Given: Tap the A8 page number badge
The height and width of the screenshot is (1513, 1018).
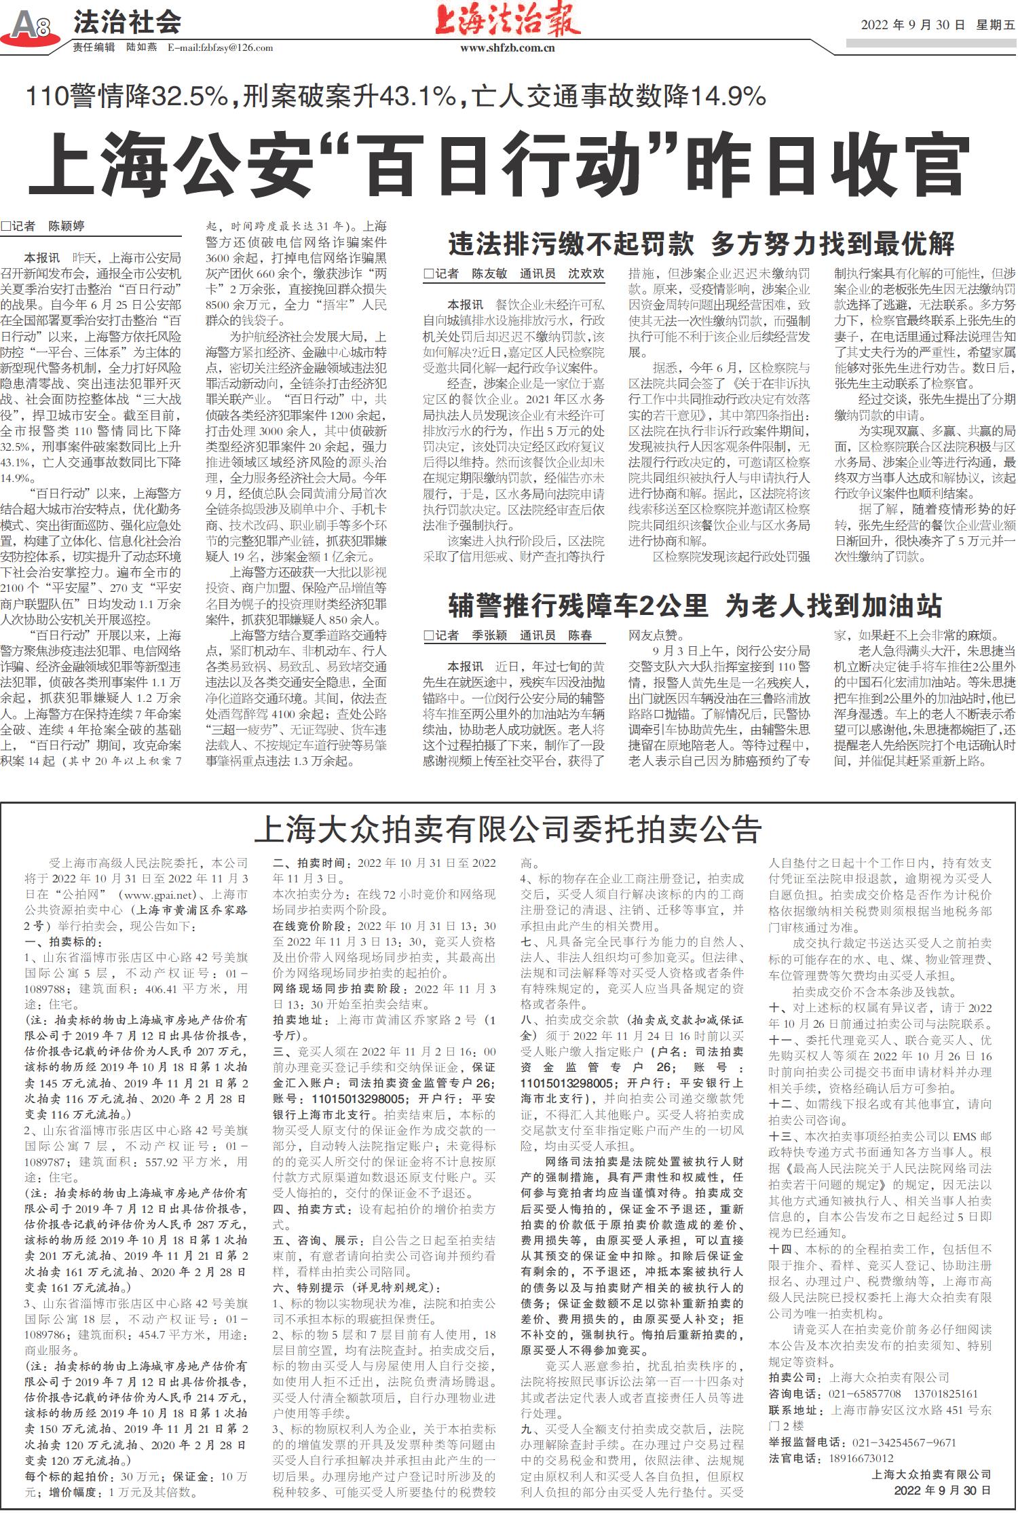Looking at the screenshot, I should tap(31, 26).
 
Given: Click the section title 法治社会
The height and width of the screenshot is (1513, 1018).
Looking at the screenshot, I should tap(127, 22).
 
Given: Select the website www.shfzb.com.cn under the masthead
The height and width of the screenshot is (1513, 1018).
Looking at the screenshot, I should tap(507, 48).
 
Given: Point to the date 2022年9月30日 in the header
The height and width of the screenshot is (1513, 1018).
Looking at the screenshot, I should tap(913, 25).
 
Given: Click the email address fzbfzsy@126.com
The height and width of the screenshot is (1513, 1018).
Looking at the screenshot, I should tap(221, 48).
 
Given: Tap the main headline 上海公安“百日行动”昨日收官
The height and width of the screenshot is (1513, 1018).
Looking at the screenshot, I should tap(499, 164).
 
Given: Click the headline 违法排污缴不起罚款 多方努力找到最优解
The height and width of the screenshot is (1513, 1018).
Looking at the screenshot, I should tap(701, 244).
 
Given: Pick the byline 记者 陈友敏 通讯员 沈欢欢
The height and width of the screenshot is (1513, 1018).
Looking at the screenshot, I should tap(514, 274).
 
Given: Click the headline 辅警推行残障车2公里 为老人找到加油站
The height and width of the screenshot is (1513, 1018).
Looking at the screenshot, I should tap(695, 605).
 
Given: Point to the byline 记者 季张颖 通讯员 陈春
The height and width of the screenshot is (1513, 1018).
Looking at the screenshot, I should tap(508, 635).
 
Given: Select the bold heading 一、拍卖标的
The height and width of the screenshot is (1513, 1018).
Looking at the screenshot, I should tap(64, 942).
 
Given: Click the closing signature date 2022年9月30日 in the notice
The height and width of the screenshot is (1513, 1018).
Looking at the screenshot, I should tap(943, 1490).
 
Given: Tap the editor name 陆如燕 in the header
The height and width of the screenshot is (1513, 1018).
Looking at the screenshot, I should tap(141, 48).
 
